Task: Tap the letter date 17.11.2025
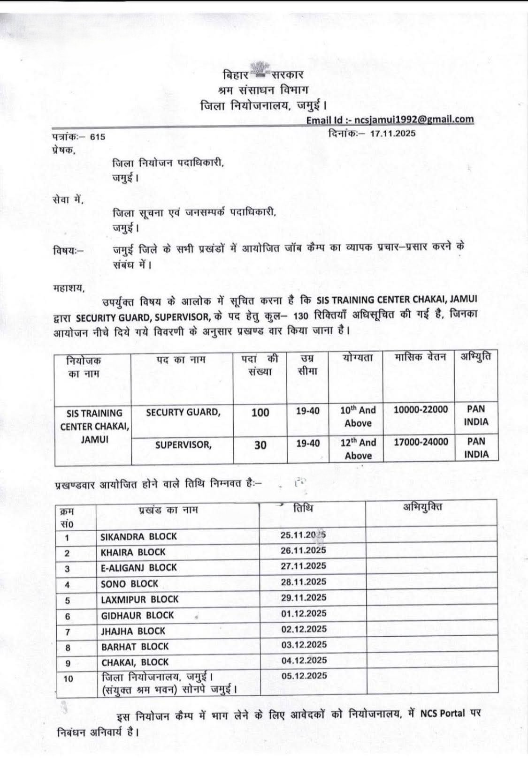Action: (x=392, y=134)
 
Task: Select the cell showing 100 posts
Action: (x=260, y=413)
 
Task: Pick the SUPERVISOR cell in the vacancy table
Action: (x=183, y=444)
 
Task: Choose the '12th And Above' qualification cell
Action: (x=358, y=449)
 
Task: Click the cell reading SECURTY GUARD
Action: (x=183, y=412)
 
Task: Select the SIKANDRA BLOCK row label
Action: (x=138, y=536)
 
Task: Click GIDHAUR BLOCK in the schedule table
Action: (x=137, y=615)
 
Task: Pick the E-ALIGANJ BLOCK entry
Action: (x=138, y=567)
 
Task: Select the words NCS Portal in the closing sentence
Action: (x=443, y=714)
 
